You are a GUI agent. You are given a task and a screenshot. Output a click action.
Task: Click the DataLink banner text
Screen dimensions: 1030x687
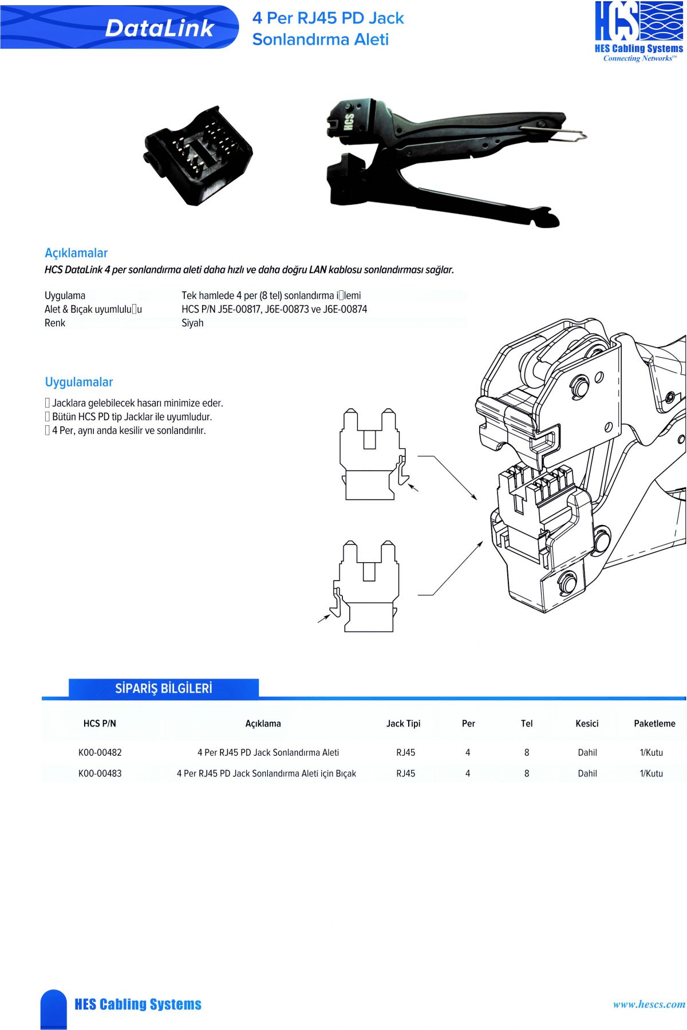click(x=159, y=28)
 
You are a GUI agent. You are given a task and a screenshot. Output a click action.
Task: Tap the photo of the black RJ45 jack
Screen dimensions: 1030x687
click(x=198, y=155)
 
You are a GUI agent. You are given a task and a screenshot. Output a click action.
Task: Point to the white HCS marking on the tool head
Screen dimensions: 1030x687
click(x=349, y=121)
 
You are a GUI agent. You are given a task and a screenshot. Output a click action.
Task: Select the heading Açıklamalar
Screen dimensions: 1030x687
click(x=76, y=253)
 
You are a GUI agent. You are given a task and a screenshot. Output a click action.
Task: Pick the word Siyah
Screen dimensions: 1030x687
click(x=192, y=323)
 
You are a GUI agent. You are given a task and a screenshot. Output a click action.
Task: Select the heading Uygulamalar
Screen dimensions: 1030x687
click(x=79, y=382)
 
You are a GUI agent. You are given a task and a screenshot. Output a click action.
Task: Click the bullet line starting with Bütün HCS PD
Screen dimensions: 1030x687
click(x=131, y=417)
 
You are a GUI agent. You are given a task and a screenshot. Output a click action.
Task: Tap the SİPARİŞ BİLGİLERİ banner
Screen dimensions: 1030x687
click(x=164, y=688)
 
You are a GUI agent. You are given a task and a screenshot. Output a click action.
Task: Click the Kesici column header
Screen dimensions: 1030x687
click(x=587, y=724)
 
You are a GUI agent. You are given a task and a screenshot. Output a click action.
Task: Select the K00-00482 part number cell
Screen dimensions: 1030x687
click(x=100, y=752)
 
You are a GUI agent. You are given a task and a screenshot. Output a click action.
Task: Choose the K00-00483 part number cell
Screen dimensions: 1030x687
click(x=100, y=774)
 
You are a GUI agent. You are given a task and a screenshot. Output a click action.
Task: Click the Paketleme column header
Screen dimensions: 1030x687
click(x=654, y=724)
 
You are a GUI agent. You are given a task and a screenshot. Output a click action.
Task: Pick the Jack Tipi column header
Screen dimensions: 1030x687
click(x=403, y=724)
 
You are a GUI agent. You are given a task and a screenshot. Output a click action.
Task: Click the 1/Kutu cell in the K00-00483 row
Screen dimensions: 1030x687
click(x=652, y=774)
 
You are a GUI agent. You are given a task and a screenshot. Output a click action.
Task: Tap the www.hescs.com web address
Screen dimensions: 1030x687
click(x=649, y=1004)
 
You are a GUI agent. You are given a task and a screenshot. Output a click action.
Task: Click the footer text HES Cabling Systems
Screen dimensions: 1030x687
click(x=138, y=1004)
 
